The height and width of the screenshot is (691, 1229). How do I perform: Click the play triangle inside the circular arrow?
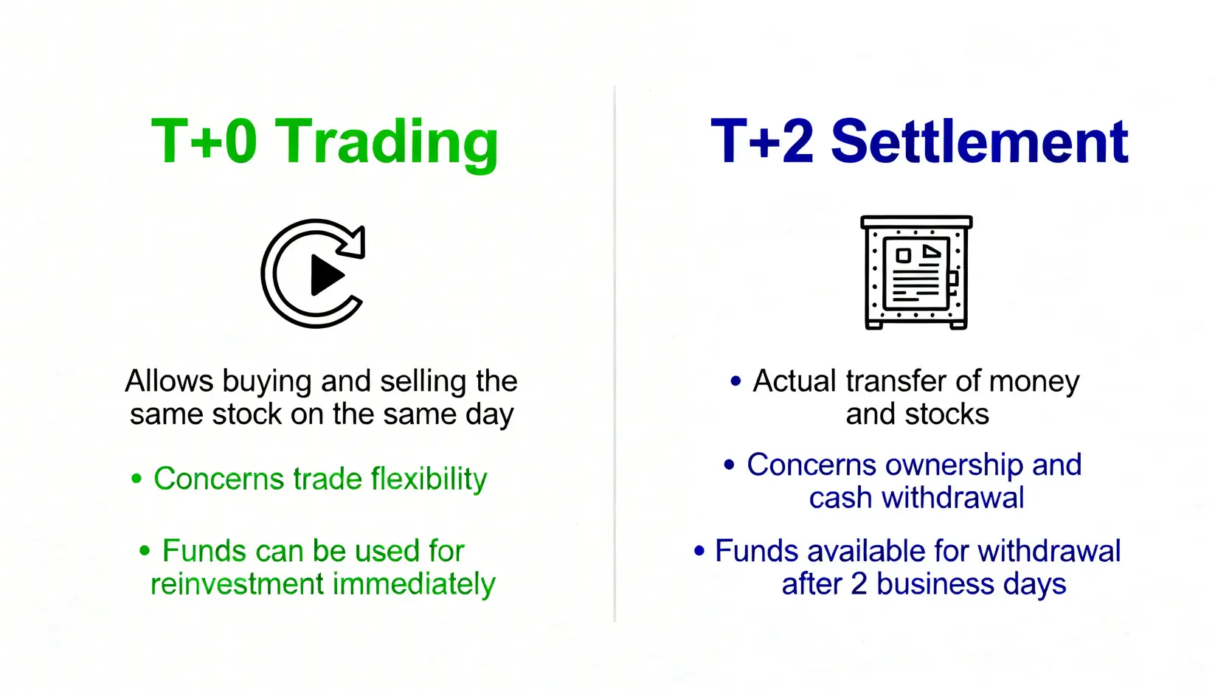[327, 275]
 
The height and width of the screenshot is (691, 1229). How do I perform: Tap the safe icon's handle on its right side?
[953, 279]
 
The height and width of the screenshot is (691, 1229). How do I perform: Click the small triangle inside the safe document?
[931, 251]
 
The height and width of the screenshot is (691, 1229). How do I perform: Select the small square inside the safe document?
[903, 255]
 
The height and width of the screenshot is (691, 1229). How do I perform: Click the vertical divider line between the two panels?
[614, 354]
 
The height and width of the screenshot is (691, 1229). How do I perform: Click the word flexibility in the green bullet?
[429, 479]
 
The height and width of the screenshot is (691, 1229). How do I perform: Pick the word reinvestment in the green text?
[237, 583]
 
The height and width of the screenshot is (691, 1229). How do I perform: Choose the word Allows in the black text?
[169, 381]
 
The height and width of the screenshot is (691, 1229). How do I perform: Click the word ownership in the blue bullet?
[954, 465]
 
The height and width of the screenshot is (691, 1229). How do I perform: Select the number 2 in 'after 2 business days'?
[859, 584]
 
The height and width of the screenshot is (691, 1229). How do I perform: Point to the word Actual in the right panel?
[794, 381]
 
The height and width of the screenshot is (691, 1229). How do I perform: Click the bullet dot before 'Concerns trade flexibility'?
[136, 479]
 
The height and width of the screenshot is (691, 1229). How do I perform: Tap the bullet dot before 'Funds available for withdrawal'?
[699, 551]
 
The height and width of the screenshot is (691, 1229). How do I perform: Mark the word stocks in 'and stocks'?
[946, 414]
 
